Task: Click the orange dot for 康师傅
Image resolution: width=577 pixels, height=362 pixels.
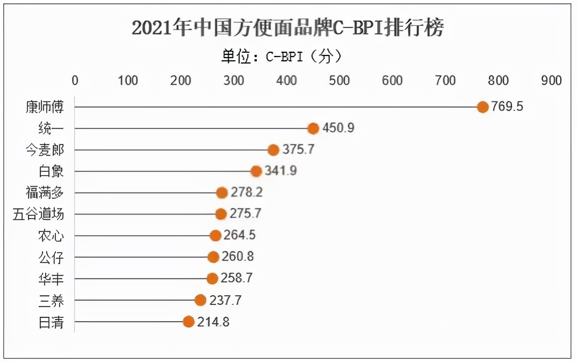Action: (483, 107)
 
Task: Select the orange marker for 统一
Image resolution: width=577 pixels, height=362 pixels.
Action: (313, 128)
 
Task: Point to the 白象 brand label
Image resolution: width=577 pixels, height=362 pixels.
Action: (52, 171)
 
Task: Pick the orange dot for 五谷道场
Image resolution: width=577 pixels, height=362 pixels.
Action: (221, 214)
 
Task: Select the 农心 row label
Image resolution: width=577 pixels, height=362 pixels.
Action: (52, 235)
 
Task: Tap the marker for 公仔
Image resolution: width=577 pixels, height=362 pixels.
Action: (213, 257)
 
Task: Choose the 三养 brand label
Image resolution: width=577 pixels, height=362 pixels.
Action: (52, 300)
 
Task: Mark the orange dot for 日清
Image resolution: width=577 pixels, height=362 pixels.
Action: (188, 322)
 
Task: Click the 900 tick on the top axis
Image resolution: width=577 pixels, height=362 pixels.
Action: (552, 81)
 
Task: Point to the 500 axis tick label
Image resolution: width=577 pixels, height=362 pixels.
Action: (340, 81)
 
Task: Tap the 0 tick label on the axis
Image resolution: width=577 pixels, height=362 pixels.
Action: (75, 81)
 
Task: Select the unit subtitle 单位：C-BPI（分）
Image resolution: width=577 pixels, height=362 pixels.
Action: (282, 56)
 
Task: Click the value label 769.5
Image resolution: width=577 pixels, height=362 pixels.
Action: (507, 107)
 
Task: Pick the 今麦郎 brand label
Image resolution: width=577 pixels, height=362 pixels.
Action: (45, 150)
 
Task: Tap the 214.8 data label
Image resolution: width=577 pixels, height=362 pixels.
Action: (214, 322)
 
